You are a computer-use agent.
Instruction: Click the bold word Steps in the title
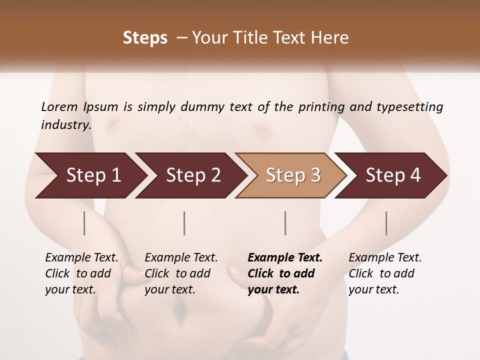tap(145, 38)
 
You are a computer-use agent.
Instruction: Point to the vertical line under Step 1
tap(84, 223)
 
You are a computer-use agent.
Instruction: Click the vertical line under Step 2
tap(184, 223)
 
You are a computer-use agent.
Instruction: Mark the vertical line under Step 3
tap(285, 223)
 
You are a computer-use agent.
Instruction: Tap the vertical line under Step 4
tap(386, 223)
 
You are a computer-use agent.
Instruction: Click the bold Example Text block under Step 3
tap(285, 273)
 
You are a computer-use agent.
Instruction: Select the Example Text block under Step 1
tap(81, 273)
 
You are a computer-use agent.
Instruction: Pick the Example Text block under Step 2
tap(181, 273)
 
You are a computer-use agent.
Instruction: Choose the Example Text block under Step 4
tap(385, 273)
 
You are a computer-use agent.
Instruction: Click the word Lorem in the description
tap(59, 106)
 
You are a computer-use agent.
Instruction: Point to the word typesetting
tap(409, 107)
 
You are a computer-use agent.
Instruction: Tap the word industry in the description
tap(66, 124)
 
